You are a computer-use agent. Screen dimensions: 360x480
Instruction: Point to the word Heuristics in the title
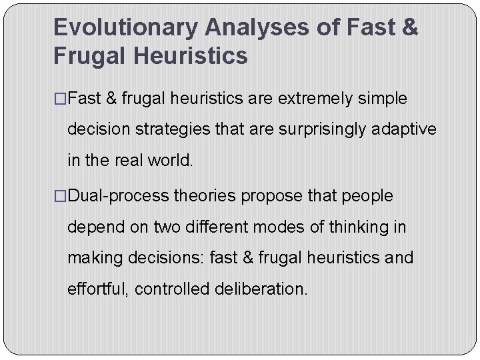pyautogui.click(x=191, y=56)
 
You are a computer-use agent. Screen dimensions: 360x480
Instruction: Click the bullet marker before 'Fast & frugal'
pyautogui.click(x=60, y=99)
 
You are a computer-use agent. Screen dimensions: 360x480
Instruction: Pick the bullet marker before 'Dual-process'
pyautogui.click(x=60, y=197)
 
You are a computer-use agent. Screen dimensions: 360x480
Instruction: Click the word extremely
pyautogui.click(x=315, y=99)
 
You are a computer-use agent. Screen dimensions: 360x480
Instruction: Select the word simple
pyautogui.click(x=382, y=99)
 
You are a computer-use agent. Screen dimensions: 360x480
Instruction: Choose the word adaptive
pyautogui.click(x=405, y=129)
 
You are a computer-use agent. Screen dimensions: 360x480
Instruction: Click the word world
pyautogui.click(x=173, y=160)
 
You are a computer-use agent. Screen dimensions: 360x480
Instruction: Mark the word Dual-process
pyautogui.click(x=119, y=197)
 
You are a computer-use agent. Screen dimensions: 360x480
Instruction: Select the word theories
pyautogui.click(x=205, y=197)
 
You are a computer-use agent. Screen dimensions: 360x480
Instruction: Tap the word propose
pyautogui.click(x=266, y=197)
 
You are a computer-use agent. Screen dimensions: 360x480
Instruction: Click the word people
pyautogui.click(x=367, y=197)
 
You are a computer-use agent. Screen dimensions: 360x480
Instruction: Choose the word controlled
pyautogui.click(x=172, y=289)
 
